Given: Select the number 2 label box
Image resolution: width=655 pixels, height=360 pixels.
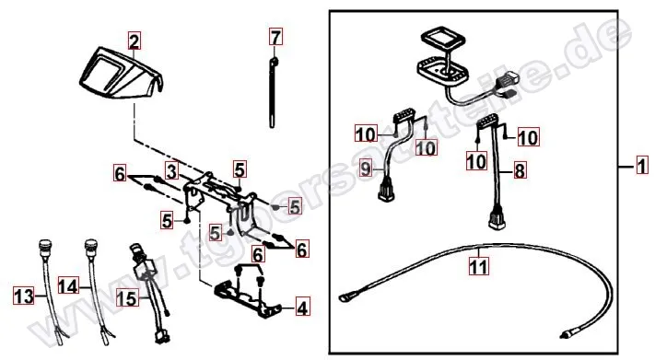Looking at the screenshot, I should tap(135, 41).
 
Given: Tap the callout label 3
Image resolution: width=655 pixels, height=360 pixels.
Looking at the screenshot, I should tap(171, 169).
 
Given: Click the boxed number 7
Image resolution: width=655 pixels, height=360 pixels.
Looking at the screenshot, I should tap(275, 37).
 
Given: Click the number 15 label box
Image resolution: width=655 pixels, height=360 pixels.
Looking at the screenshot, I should tap(127, 297).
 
